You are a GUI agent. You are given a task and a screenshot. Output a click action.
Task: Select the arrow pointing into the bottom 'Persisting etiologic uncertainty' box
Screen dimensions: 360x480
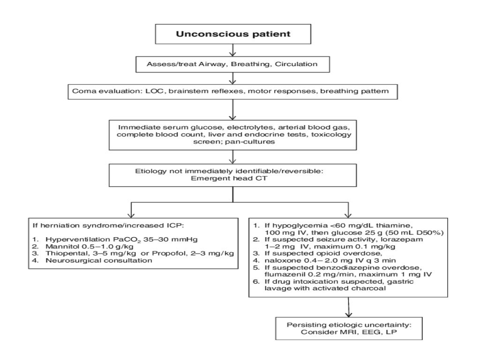coord(348,309)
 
